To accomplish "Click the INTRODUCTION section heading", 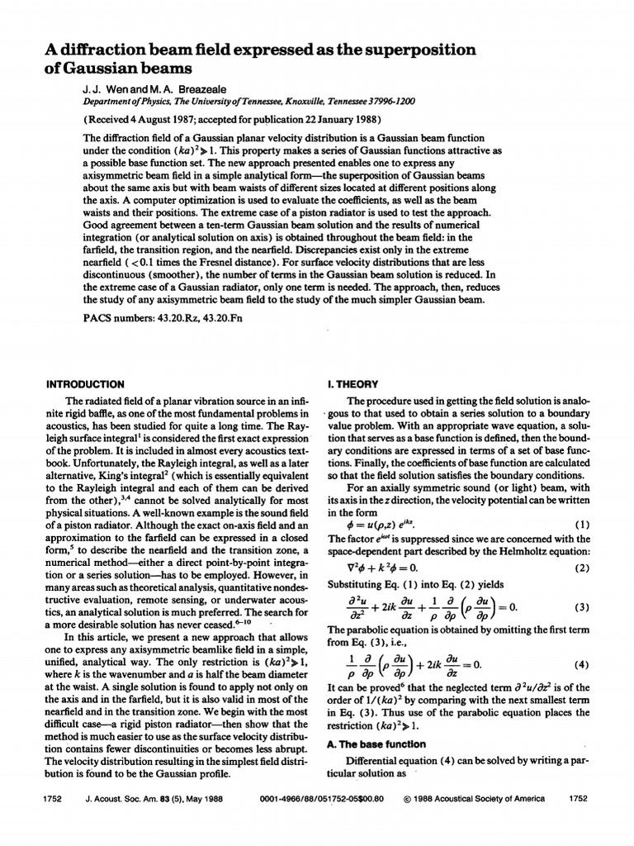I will click(x=85, y=384).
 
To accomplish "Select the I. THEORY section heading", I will click(x=354, y=384).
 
